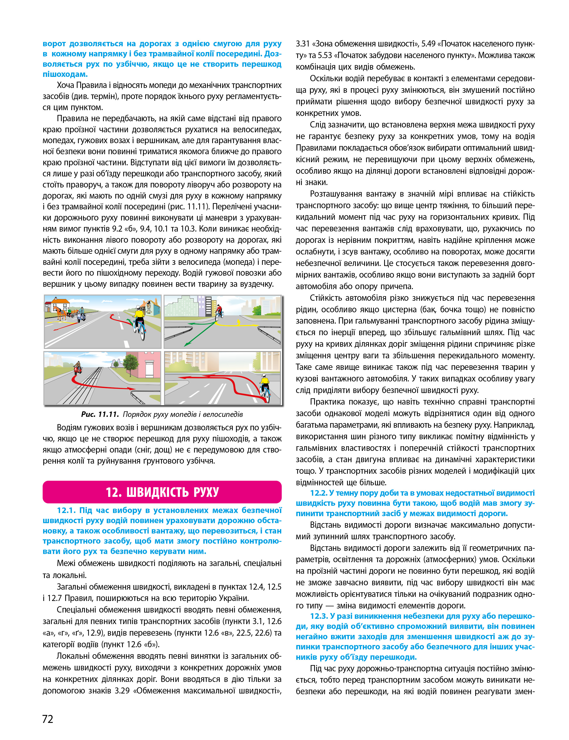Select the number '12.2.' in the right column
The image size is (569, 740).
[318, 493]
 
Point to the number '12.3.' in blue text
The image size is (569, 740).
[318, 616]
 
